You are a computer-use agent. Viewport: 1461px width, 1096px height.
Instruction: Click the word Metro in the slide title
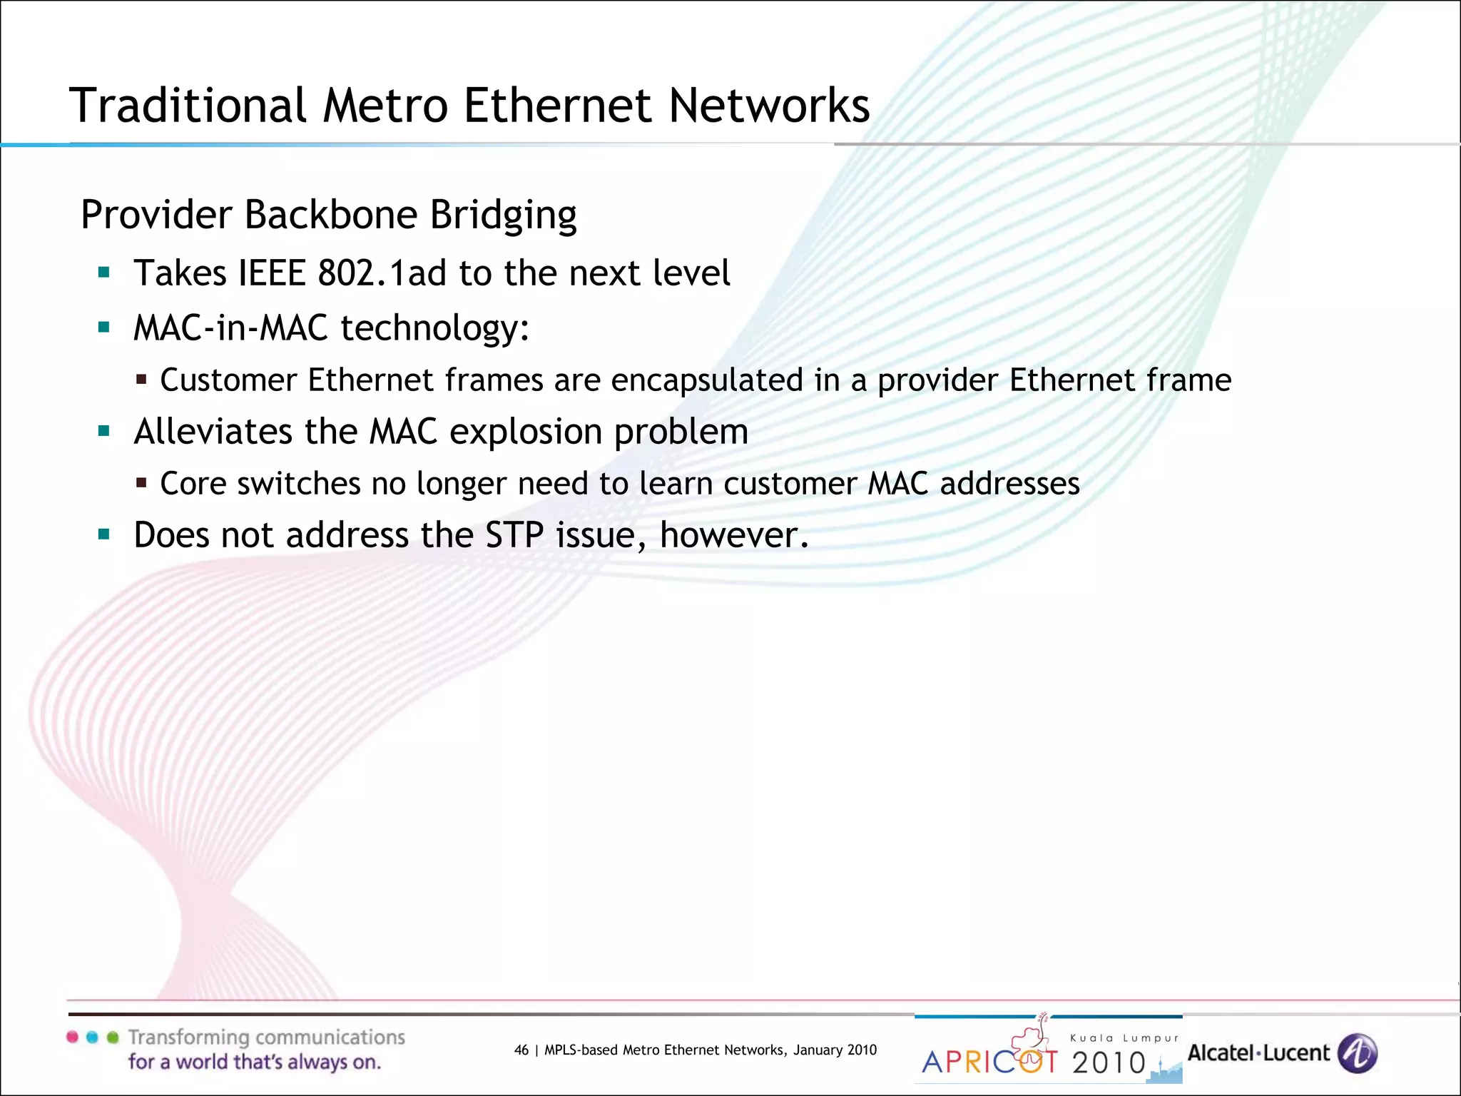385,106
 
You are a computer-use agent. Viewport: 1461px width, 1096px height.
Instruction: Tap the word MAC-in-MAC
230,328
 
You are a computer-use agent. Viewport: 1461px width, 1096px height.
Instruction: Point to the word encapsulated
707,380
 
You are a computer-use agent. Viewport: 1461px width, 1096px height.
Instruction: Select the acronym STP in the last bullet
514,535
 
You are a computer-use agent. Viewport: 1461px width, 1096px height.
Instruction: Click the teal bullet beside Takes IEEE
104,273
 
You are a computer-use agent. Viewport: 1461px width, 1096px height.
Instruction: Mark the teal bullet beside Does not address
104,534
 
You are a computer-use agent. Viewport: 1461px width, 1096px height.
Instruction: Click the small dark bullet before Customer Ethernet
141,380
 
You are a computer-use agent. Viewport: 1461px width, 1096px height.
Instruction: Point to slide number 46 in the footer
521,1050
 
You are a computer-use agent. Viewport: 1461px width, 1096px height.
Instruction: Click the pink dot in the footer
72,1037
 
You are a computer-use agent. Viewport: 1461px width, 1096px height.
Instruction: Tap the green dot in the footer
112,1037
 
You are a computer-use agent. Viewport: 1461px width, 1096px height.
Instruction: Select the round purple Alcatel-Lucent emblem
1357,1053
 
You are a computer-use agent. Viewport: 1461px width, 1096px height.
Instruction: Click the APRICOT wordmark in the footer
989,1061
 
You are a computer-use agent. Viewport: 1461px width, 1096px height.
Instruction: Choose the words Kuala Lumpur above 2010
1124,1038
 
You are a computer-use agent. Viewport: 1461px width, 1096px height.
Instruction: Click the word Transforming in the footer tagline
188,1037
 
